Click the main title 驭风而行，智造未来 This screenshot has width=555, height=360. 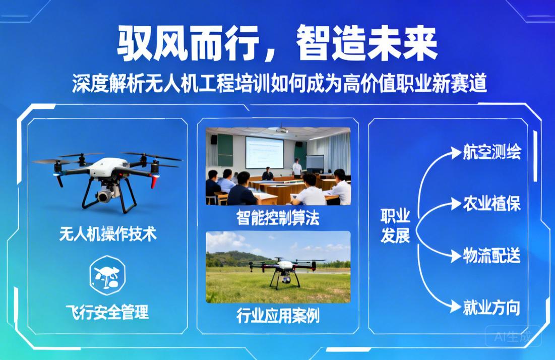coord(277,44)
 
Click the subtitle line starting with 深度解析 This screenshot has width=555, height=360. coord(279,84)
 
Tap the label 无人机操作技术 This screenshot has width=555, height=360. coord(107,234)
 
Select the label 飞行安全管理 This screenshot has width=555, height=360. coord(107,312)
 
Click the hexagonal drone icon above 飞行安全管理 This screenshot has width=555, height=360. coord(107,275)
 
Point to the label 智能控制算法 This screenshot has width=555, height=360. coord(278,218)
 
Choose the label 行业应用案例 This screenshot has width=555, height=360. coord(278,315)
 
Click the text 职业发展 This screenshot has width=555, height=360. coord(395,226)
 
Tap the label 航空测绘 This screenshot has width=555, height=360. coord(491,153)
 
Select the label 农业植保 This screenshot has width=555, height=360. coord(491,204)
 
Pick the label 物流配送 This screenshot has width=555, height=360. coord(491,256)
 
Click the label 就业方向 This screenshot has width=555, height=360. coord(491,307)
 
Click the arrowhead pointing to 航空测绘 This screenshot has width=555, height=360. coord(456,153)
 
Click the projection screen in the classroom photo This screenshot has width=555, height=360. coord(264,152)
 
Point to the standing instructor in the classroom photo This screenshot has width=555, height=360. coord(297,167)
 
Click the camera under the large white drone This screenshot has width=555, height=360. coord(105,196)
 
